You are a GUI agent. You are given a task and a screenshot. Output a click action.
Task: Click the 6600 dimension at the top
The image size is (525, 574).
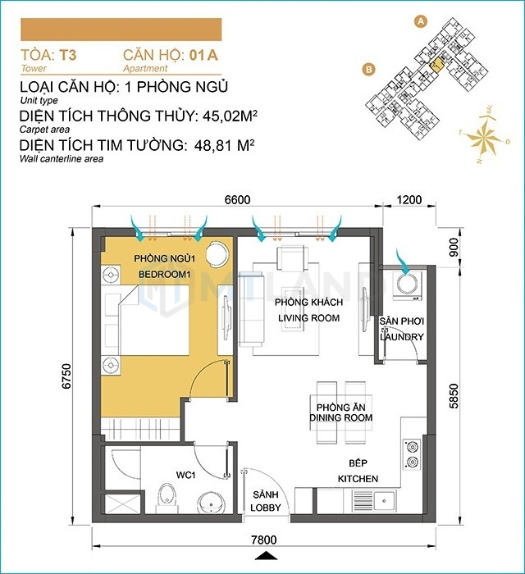tap(237, 199)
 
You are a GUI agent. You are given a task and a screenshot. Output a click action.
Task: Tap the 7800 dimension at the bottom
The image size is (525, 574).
tap(263, 540)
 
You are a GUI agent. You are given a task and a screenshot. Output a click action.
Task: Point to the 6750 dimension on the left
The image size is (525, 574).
tap(66, 376)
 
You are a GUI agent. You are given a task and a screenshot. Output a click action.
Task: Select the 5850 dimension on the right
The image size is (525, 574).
tap(454, 396)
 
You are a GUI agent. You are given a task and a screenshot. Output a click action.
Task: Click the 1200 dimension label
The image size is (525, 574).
tap(409, 199)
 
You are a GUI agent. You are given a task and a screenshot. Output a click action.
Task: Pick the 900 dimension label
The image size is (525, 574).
tap(454, 247)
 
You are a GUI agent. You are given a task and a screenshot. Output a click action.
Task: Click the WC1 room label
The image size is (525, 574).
tap(185, 475)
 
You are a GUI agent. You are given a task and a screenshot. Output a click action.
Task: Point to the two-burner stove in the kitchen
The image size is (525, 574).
tap(412, 454)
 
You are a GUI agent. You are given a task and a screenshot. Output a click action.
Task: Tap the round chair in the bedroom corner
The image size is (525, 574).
tap(217, 253)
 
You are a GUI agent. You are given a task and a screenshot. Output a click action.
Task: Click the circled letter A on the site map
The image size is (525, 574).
tap(421, 21)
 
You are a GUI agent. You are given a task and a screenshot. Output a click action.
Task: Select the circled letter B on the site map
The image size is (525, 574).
tap(368, 69)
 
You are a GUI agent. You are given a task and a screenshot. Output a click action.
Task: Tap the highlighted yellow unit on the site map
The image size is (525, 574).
tap(436, 65)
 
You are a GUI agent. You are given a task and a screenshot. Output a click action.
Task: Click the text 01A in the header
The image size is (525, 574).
tap(203, 55)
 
